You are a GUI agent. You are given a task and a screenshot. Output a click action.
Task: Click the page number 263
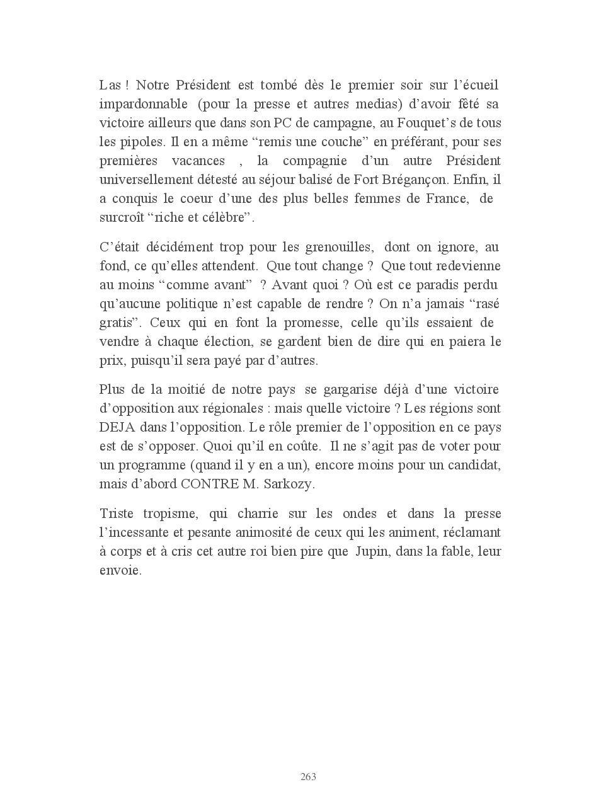click(x=308, y=776)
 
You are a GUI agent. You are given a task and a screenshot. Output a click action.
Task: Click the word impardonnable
click(x=143, y=104)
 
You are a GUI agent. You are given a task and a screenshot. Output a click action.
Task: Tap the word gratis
click(x=119, y=323)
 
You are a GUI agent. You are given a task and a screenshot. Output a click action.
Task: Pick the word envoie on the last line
click(x=120, y=571)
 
